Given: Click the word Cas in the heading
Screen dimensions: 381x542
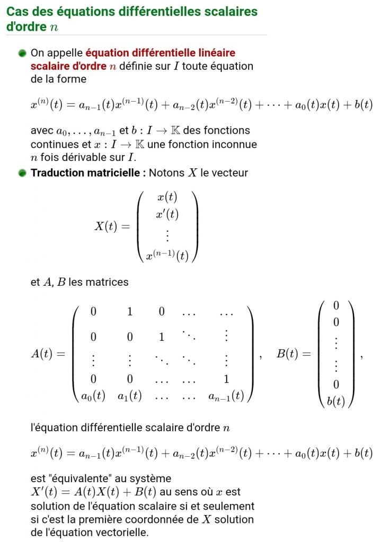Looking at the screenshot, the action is coord(17,11).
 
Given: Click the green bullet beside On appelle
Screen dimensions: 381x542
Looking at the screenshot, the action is coord(22,53).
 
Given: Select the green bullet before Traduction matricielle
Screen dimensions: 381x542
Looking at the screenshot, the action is coord(22,173).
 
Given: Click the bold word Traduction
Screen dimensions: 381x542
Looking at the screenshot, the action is coord(58,173).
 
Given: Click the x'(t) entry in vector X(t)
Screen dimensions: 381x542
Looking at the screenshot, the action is coord(167,214).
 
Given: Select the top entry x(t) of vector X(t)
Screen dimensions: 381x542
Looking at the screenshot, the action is coord(167,197).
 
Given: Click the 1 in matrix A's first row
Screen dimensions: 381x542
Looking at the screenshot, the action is coord(130,312).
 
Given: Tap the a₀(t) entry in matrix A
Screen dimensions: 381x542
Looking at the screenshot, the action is coord(93,396).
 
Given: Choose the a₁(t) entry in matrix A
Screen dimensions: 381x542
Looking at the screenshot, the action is coord(130,396).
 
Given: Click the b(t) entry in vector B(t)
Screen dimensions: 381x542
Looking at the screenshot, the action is coord(336,401).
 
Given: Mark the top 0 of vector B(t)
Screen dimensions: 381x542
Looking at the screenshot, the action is coord(336,305).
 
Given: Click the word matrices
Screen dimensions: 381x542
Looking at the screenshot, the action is coord(109,282).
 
